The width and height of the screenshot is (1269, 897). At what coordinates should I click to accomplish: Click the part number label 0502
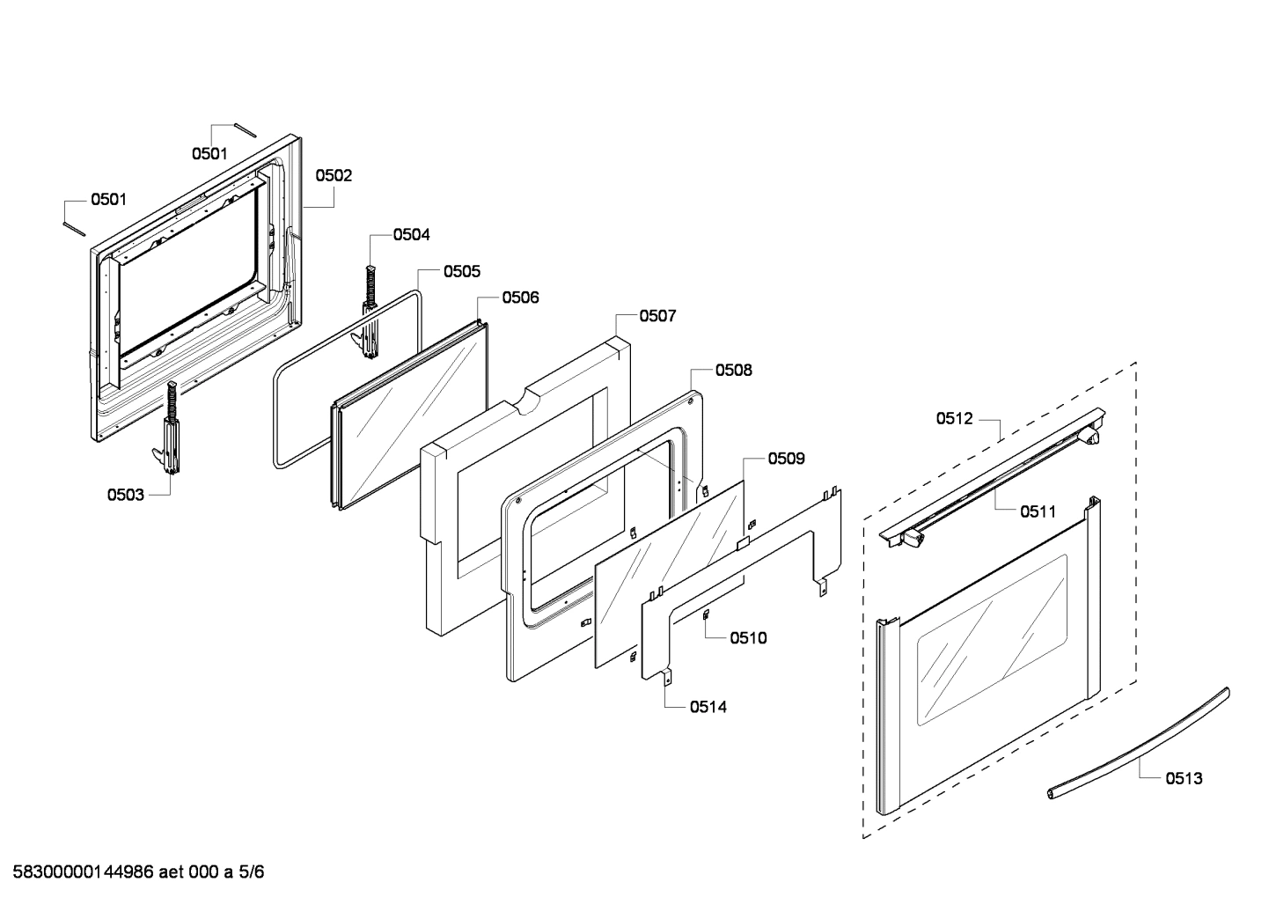[334, 175]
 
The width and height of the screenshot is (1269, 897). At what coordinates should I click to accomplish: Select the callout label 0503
[126, 495]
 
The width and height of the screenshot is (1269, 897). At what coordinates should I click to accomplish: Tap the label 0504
[411, 234]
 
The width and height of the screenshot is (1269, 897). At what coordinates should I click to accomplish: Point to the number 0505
[461, 271]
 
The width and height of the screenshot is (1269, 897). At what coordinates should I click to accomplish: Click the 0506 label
[520, 298]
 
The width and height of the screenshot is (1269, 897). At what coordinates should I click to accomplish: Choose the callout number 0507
[657, 315]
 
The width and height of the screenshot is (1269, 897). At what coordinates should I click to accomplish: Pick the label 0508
[733, 370]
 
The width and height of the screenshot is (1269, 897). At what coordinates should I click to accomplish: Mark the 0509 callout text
[786, 458]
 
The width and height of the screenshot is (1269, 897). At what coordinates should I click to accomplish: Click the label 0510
[748, 637]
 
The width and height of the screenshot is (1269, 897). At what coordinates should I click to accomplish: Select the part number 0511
[1038, 511]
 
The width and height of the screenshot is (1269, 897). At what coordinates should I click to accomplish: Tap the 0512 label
[955, 418]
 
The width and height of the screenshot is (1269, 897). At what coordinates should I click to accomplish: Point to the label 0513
[1184, 778]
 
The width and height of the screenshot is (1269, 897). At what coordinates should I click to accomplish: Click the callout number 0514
[708, 706]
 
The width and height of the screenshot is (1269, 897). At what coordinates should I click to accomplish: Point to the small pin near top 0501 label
[244, 129]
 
